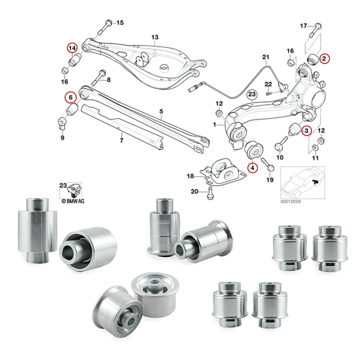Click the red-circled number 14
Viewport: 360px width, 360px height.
[72, 47]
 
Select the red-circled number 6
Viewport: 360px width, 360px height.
[70, 96]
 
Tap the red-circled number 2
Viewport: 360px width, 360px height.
[324, 58]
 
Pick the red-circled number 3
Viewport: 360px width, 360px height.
[306, 131]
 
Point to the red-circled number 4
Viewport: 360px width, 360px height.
[252, 168]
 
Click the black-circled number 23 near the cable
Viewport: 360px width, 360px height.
[252, 94]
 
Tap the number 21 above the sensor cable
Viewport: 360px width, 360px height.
[265, 57]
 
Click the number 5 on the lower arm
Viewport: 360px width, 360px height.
[161, 111]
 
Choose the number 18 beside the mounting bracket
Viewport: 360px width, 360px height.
[190, 175]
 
